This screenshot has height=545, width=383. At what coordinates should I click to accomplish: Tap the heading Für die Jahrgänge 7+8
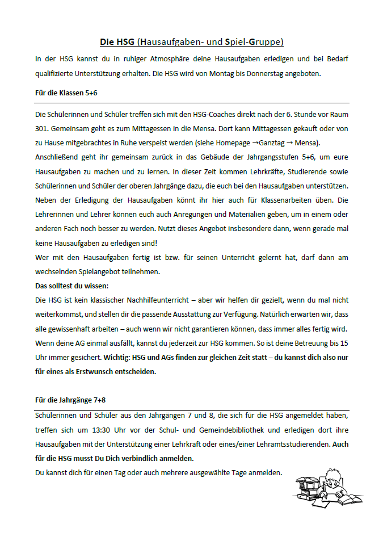tap(70, 400)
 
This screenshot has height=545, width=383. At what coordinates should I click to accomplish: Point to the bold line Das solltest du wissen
tap(71, 285)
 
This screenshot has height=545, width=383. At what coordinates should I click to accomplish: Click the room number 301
tap(42, 128)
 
